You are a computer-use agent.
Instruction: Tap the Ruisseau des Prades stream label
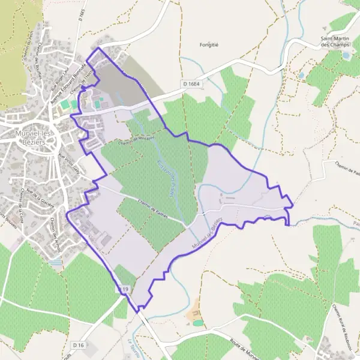click(166, 172)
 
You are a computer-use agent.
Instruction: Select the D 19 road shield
click(123, 290)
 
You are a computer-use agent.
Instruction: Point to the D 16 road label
click(78, 345)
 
